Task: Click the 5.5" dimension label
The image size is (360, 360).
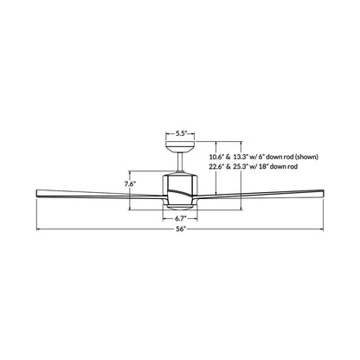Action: tap(180, 133)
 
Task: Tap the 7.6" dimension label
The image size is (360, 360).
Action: tap(130, 184)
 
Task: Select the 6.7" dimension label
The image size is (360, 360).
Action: tap(181, 218)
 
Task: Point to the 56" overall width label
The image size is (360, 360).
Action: tap(180, 229)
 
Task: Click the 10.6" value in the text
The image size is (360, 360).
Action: tap(216, 157)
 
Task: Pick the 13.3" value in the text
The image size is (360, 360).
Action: tap(241, 157)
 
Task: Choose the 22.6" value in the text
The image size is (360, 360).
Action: tap(216, 166)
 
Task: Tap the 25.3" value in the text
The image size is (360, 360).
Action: tap(241, 166)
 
